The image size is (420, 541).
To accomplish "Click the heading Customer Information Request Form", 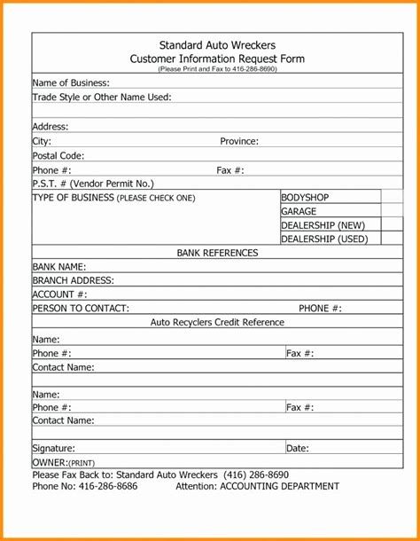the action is coord(217,58).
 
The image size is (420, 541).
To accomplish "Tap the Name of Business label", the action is coord(71,82).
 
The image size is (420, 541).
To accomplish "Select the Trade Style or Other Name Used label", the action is coord(102,97).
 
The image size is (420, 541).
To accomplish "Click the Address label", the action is coord(51,127).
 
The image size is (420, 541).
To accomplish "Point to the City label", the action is coord(43,141).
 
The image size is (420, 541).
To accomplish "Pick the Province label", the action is coord(239,141).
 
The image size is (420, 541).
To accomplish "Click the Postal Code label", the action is coord(58,155).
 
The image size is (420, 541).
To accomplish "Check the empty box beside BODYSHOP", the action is coord(393,197).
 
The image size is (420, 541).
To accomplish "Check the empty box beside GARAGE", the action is coord(393,211).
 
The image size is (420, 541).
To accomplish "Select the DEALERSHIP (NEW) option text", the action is coord(323,225).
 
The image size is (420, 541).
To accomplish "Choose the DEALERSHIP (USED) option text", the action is coord(324,239).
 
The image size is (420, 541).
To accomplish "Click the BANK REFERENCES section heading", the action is coord(217,253).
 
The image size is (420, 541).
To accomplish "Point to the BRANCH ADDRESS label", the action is coord(74,280).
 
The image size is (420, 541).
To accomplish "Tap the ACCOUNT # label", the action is coord(60,294).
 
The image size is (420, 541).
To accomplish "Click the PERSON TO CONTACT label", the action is coord(81,309).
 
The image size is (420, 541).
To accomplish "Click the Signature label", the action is coord(54,449).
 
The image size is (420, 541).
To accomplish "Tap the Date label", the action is coord(298,449).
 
